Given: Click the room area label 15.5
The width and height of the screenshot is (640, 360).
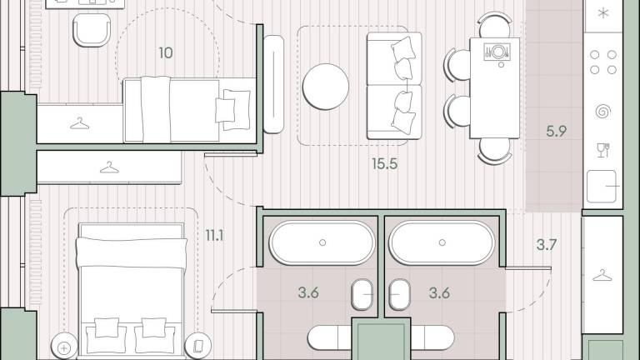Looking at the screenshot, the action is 384,163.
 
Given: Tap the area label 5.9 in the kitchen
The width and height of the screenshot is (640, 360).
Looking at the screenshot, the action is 557,131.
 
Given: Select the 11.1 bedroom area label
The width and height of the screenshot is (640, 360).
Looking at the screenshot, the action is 214,236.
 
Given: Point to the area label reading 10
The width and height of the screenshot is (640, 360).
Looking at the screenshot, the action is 166,52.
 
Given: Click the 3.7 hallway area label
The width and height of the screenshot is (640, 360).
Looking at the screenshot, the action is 547,244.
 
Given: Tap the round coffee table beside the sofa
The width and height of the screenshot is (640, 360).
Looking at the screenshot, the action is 326,87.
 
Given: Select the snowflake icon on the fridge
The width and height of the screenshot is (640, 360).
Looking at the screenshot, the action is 603,13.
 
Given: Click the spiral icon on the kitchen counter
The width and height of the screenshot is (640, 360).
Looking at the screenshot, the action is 603,111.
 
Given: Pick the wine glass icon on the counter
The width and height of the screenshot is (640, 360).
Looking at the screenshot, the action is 603,150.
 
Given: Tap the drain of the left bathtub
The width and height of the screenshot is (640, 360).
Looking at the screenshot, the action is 322,242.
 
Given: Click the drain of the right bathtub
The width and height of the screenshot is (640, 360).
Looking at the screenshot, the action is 442,242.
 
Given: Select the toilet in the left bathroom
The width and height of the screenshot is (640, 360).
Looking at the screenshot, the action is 362,294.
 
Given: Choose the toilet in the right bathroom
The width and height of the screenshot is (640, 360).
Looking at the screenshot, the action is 399,294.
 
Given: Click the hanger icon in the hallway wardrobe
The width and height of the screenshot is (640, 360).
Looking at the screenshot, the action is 602,276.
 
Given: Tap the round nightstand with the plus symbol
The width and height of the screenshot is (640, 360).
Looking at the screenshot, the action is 64,347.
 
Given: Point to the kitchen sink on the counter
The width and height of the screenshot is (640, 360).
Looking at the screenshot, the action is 601,187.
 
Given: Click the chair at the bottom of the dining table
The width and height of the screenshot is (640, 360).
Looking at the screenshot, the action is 495,151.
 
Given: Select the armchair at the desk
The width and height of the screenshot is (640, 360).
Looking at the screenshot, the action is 92,30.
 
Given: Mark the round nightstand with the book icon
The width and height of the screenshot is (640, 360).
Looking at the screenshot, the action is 198,347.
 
